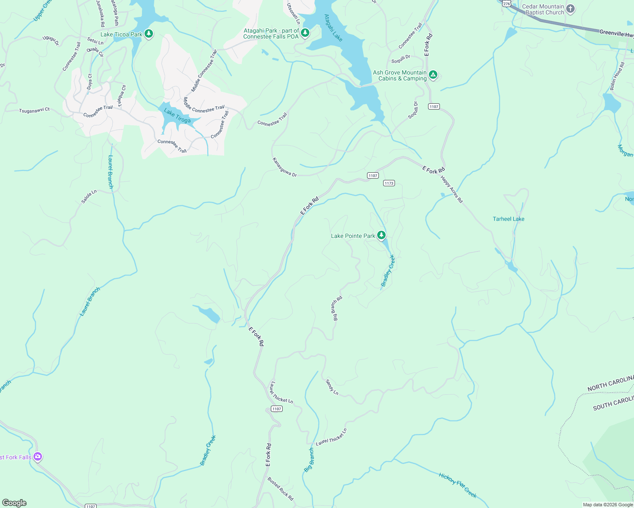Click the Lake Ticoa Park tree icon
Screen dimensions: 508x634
tap(148, 34)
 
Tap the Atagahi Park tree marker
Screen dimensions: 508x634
tap(305, 33)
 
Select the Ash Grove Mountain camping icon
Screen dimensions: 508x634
tap(433, 75)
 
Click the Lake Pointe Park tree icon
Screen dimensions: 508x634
tap(381, 235)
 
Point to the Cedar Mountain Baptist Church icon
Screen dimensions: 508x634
tap(570, 9)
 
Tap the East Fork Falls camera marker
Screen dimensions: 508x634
tap(38, 456)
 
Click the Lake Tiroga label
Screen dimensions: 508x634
tap(177, 116)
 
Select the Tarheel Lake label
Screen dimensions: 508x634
tap(509, 219)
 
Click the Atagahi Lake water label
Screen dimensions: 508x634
tap(333, 28)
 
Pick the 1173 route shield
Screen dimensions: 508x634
tap(389, 183)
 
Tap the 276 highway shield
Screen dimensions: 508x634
tap(506, 3)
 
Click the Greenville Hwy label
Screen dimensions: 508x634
tap(616, 33)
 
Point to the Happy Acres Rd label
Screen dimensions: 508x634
tap(452, 189)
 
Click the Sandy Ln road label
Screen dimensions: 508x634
tap(332, 387)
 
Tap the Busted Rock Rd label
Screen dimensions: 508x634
tap(281, 489)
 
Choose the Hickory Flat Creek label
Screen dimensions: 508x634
tap(458, 485)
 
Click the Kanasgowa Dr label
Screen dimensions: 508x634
tap(284, 168)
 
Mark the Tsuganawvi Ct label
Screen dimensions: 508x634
tap(34, 110)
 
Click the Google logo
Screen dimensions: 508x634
tap(14, 502)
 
